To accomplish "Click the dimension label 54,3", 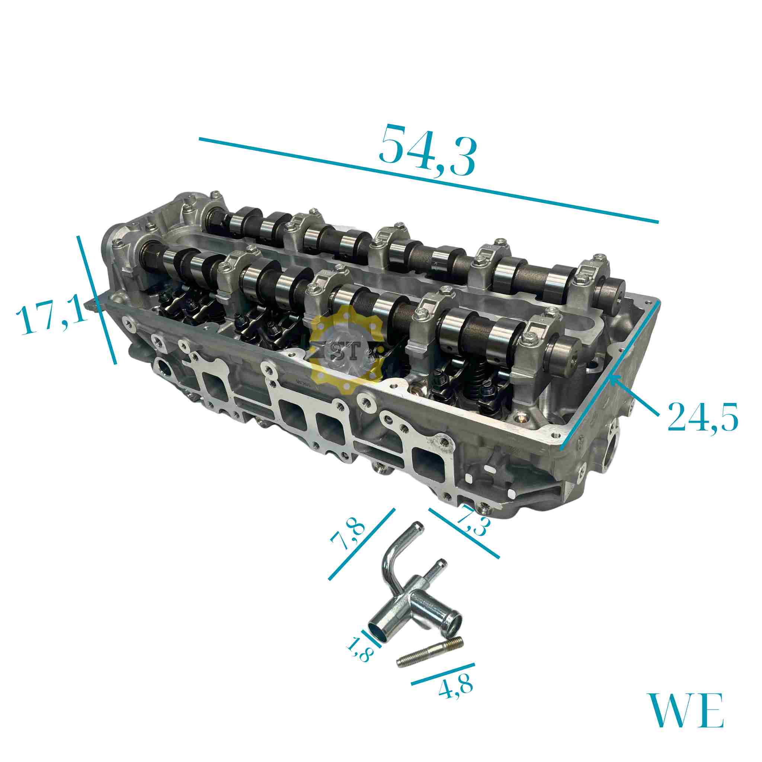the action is point(427,150).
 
